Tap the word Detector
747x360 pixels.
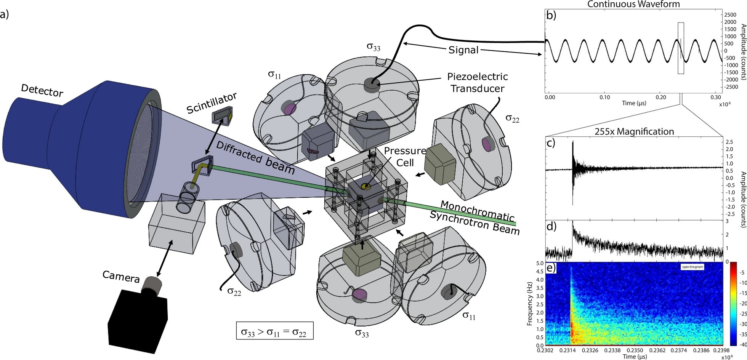point(42,90)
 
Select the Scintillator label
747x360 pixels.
point(212,103)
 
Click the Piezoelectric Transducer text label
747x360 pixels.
point(477,83)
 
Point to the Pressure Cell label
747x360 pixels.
point(405,157)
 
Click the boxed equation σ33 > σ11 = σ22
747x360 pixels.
point(274,331)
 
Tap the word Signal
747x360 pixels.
point(463,50)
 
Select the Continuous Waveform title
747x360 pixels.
point(633,5)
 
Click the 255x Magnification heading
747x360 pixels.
point(634,132)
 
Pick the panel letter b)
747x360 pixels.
point(551,16)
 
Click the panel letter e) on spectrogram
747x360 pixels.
point(551,268)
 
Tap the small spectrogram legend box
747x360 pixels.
point(692,267)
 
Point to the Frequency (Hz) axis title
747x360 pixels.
point(529,304)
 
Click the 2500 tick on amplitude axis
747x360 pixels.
point(730,14)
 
